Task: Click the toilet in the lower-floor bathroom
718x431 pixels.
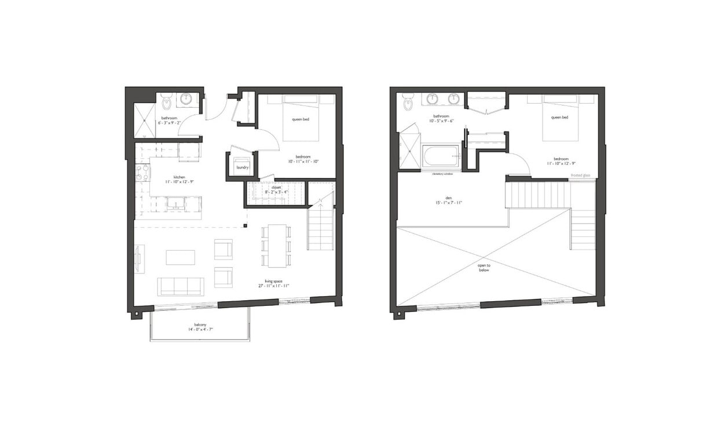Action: [x=167, y=101]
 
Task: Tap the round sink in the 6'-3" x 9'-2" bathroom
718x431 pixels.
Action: [x=186, y=100]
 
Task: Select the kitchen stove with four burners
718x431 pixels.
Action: [x=142, y=172]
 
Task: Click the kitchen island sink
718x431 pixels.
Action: [x=174, y=203]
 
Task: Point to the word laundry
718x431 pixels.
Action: [x=243, y=168]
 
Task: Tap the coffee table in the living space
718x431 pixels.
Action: [x=180, y=257]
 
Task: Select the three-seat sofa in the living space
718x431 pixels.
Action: [x=180, y=286]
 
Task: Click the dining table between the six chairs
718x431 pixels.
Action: [x=276, y=246]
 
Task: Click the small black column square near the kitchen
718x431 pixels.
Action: [x=246, y=225]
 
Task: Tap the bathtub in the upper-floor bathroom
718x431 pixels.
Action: [x=440, y=156]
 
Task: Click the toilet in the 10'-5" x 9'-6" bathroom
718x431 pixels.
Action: [x=408, y=102]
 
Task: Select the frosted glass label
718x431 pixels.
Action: [x=580, y=176]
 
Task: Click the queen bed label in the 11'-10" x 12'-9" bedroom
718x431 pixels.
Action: [x=559, y=118]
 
